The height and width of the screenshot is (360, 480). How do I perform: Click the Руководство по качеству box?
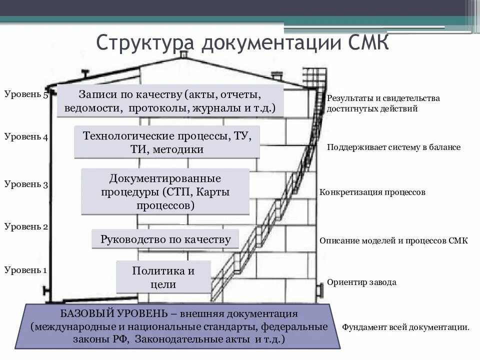click(x=165, y=239)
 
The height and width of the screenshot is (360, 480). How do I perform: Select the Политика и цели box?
click(x=163, y=277)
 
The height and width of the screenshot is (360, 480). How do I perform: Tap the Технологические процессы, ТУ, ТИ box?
click(x=167, y=142)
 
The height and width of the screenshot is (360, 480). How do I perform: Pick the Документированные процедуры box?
click(x=165, y=191)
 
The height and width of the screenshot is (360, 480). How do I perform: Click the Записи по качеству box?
click(x=170, y=101)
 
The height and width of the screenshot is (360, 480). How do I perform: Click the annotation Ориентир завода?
click(x=361, y=282)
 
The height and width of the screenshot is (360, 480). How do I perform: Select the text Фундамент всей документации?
click(x=405, y=327)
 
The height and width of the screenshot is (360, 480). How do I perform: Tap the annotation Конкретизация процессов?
click(x=372, y=192)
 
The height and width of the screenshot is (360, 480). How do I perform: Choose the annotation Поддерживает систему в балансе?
click(x=393, y=147)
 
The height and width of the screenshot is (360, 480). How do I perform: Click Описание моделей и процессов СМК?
click(x=393, y=240)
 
